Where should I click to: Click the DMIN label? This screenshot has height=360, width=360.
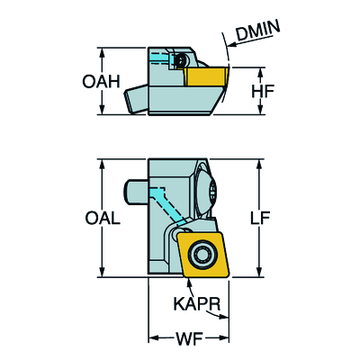click(x=258, y=30)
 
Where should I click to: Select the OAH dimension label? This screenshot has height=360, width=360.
click(x=101, y=82)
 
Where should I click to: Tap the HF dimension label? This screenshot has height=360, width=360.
click(x=263, y=92)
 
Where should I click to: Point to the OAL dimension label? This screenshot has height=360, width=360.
click(x=103, y=218)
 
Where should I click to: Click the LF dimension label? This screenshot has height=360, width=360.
click(x=260, y=218)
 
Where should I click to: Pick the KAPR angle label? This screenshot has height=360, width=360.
click(x=197, y=304)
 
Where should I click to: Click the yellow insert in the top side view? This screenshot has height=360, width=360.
click(x=207, y=77)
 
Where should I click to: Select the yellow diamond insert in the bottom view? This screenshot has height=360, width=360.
click(x=203, y=254)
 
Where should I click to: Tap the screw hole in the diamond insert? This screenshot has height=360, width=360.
click(x=202, y=254)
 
